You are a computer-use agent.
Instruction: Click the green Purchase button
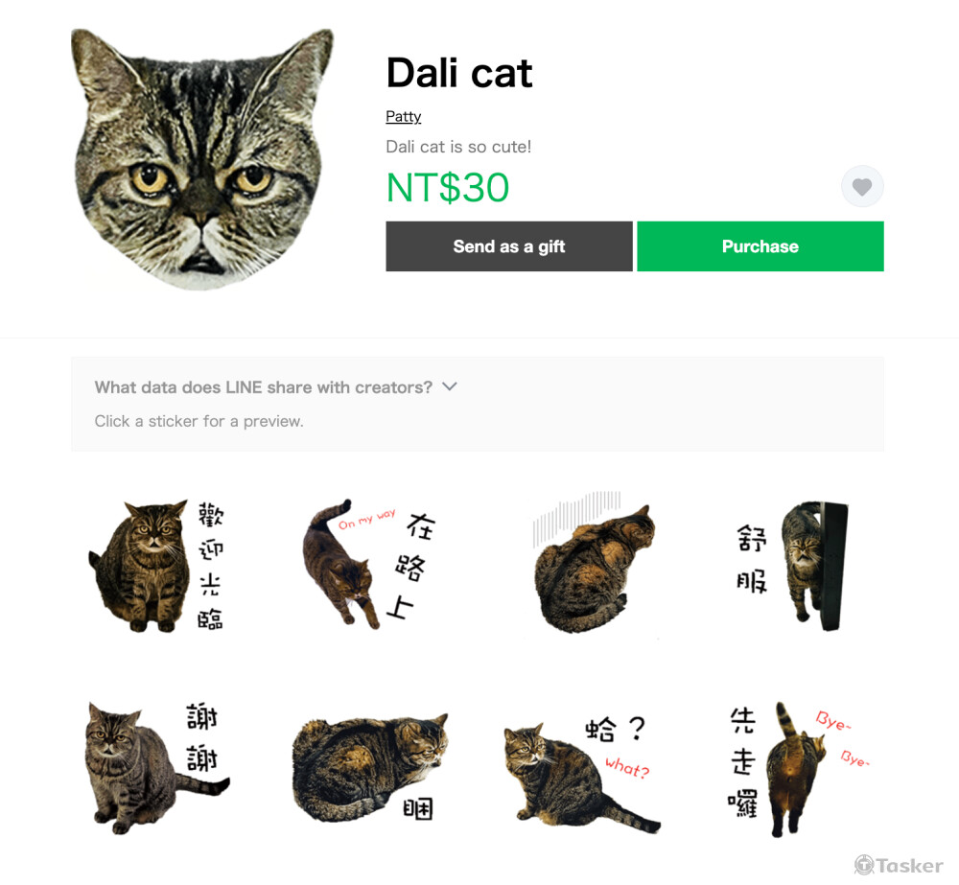point(760,245)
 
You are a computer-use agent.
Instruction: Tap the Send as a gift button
point(509,245)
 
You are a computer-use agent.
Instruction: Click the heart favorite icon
point(862,187)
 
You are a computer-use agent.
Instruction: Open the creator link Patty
point(403,116)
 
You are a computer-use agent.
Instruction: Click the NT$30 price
point(448,187)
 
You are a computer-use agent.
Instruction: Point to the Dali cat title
point(459,73)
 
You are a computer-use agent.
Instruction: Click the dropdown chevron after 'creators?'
point(450,386)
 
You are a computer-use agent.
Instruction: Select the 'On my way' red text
point(367,519)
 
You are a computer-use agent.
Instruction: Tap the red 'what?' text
point(627,767)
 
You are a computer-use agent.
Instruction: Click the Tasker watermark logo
point(899,865)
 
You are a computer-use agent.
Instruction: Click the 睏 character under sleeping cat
point(418,808)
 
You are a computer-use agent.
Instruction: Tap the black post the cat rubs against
point(833,566)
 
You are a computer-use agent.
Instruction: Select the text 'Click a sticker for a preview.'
point(199,421)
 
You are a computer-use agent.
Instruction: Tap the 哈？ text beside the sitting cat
point(616,729)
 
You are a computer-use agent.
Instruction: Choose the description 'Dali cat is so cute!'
point(458,147)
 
